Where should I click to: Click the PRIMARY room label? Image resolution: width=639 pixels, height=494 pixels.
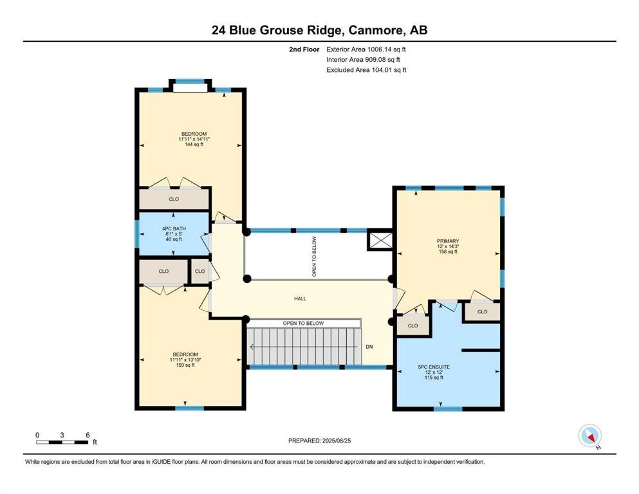[448, 241]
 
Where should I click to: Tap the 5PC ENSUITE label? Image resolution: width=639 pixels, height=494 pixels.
[434, 367]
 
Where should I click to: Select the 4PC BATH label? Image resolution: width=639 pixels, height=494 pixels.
[174, 228]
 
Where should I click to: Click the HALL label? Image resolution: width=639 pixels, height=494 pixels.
[300, 298]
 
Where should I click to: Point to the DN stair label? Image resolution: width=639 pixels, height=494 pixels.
[369, 347]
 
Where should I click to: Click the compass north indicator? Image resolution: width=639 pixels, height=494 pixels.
[590, 435]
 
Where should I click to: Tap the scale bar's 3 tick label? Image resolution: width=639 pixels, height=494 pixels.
[62, 435]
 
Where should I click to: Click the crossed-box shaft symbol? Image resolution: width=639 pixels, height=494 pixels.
[380, 240]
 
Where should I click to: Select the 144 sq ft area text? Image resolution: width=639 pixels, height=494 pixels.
[194, 144]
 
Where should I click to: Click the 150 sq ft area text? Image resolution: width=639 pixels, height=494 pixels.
[185, 365]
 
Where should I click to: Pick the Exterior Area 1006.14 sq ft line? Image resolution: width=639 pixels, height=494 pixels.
[366, 50]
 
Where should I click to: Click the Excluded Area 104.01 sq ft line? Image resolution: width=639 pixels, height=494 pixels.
[366, 69]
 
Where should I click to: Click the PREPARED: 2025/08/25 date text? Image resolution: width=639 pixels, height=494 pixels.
[319, 441]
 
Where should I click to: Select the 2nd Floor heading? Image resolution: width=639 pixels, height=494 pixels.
[304, 50]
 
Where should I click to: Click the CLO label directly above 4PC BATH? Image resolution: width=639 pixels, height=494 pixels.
[174, 199]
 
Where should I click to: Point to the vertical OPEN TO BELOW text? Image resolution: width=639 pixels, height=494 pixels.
[314, 257]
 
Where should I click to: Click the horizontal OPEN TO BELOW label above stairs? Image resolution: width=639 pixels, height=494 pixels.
[303, 323]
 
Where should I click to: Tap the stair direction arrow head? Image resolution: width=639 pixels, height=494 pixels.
[252, 347]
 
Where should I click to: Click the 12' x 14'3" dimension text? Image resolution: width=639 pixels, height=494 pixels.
[448, 246]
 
